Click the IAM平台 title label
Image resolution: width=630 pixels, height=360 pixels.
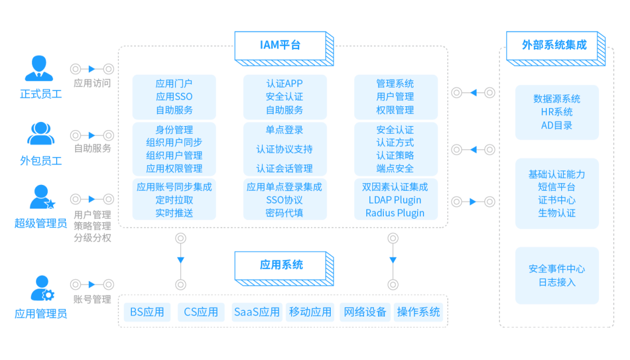[x=280, y=46]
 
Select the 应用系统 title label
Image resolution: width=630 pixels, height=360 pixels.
[x=281, y=265]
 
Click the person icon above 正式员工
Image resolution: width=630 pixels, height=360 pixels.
[x=39, y=68]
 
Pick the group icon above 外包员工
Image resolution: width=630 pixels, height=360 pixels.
[x=40, y=134]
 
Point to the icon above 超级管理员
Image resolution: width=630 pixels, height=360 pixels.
[x=41, y=197]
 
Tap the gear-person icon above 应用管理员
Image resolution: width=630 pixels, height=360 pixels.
[x=41, y=288]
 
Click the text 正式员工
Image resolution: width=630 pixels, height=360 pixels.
[x=40, y=94]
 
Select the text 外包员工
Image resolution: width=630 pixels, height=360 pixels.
[x=40, y=160]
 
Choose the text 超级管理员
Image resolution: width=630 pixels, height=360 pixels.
[x=40, y=223]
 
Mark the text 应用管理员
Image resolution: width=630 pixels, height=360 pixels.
[x=40, y=314]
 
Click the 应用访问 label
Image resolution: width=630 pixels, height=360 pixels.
[x=92, y=83]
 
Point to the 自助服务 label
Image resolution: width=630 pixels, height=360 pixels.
[x=92, y=148]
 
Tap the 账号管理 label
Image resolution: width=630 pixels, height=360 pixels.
[x=92, y=299]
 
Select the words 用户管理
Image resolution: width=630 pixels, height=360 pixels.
[x=92, y=214]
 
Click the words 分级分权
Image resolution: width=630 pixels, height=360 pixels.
[x=92, y=237]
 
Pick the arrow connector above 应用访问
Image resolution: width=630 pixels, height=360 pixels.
[x=92, y=69]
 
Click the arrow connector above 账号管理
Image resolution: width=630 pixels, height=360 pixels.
[x=92, y=284]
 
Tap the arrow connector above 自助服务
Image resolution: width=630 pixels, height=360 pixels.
[x=92, y=135]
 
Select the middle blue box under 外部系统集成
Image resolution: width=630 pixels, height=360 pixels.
[x=556, y=193]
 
